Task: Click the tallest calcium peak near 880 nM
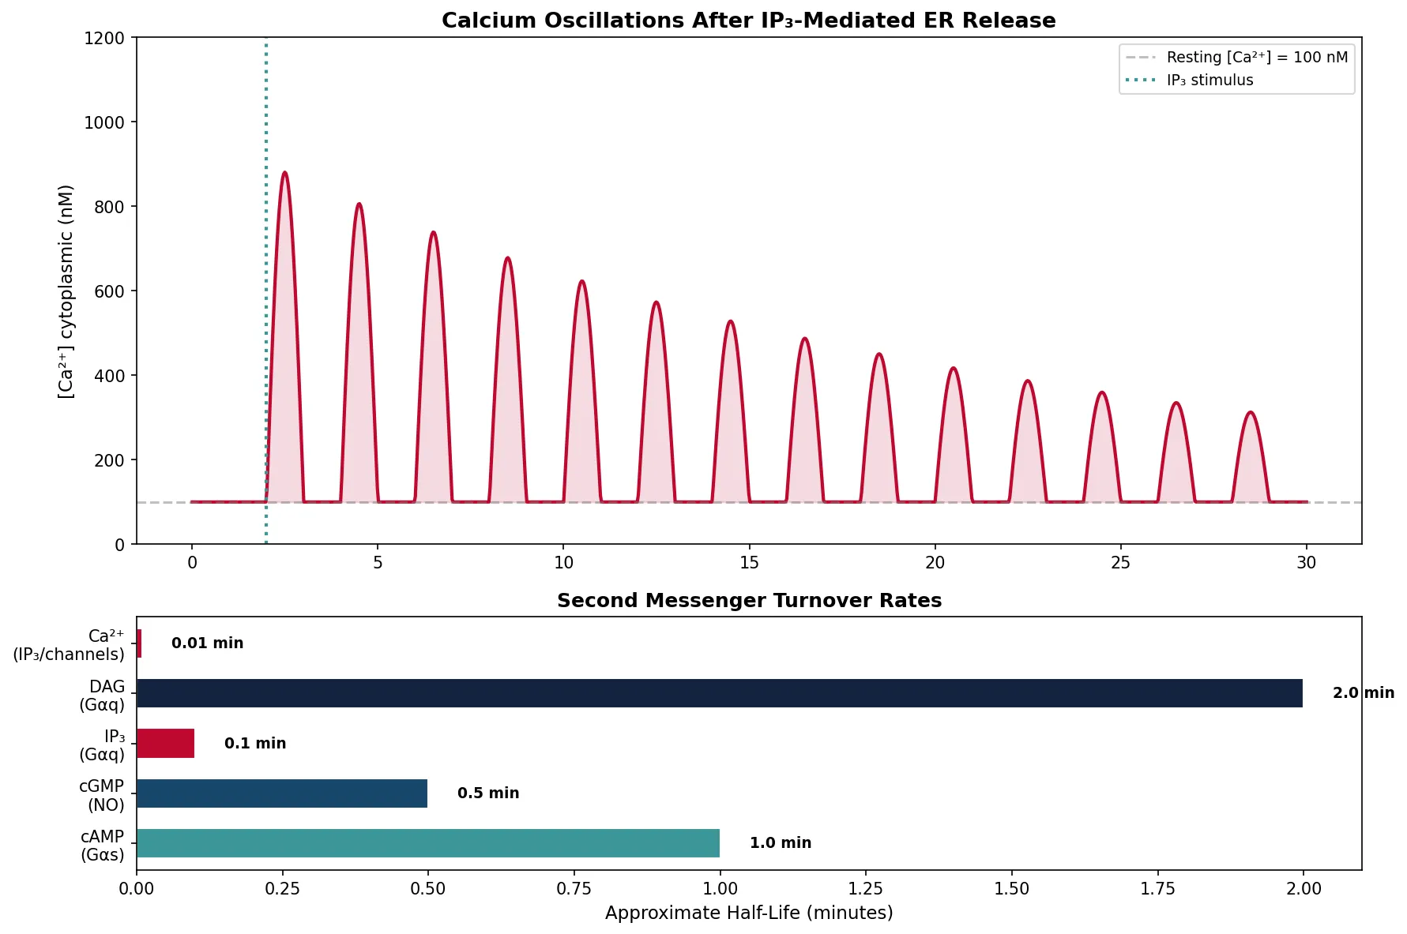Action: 284,173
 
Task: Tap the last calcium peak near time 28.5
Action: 1250,413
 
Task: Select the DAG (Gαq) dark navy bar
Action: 719,693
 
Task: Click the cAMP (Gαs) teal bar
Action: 427,843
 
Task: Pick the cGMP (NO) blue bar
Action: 282,793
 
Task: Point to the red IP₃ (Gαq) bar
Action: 165,743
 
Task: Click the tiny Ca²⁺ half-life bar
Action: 139,643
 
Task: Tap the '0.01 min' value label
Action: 207,643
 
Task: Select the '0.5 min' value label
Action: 488,793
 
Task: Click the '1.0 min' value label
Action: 780,843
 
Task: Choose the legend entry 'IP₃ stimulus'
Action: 1209,81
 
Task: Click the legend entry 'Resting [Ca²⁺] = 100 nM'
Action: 1256,58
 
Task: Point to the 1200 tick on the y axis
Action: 104,38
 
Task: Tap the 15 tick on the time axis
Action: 749,563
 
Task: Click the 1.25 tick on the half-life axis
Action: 866,889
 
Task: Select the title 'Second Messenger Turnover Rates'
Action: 749,601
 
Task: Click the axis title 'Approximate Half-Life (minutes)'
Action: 749,913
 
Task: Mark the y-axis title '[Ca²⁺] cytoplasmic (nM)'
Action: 66,291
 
